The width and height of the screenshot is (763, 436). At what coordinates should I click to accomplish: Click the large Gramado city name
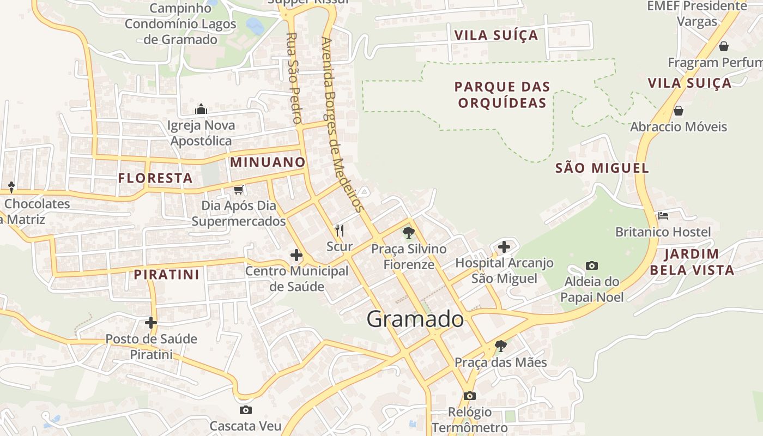click(x=415, y=319)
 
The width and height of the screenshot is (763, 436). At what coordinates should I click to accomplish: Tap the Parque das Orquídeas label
click(x=502, y=95)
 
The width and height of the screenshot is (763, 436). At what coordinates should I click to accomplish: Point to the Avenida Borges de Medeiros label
click(x=342, y=124)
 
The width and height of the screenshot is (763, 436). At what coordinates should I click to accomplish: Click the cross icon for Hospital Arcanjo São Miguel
click(x=504, y=247)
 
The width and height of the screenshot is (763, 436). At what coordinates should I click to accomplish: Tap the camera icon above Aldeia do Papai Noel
click(x=592, y=266)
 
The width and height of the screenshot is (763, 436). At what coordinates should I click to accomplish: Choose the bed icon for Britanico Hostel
click(x=663, y=216)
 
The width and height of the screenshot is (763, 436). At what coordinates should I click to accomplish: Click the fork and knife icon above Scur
click(x=340, y=230)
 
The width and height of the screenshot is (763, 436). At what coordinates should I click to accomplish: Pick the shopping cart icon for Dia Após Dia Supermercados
click(x=238, y=190)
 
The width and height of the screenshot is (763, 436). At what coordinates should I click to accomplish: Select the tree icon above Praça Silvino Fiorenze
click(x=408, y=233)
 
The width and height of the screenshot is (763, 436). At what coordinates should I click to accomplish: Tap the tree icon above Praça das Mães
click(x=500, y=346)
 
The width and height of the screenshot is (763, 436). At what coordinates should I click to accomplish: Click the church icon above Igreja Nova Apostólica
click(x=201, y=110)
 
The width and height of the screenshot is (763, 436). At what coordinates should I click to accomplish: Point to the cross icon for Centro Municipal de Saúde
click(x=296, y=255)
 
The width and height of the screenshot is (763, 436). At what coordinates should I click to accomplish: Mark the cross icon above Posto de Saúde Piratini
click(x=151, y=323)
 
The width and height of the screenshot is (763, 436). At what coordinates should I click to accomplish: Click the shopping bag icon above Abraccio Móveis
click(x=679, y=111)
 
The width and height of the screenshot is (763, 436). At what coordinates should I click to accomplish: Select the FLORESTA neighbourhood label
click(x=155, y=178)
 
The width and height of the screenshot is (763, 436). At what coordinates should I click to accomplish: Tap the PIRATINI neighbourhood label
click(x=167, y=274)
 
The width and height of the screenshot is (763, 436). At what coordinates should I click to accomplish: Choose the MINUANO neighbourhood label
click(x=268, y=162)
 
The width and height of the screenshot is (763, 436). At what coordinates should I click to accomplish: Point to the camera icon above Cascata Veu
click(x=246, y=410)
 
